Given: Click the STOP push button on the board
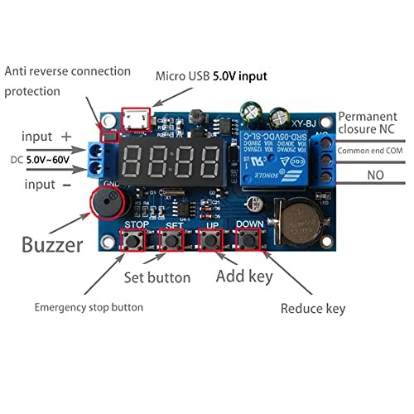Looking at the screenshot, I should coord(132,242).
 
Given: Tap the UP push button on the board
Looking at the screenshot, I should coord(210,242).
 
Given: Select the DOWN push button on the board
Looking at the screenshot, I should coord(249,242).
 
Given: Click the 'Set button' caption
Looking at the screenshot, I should coord(156,277).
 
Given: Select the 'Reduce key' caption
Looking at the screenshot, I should coord(312,309).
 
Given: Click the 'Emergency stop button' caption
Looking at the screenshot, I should coord(88,307).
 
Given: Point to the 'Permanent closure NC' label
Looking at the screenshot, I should coord(373,125).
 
